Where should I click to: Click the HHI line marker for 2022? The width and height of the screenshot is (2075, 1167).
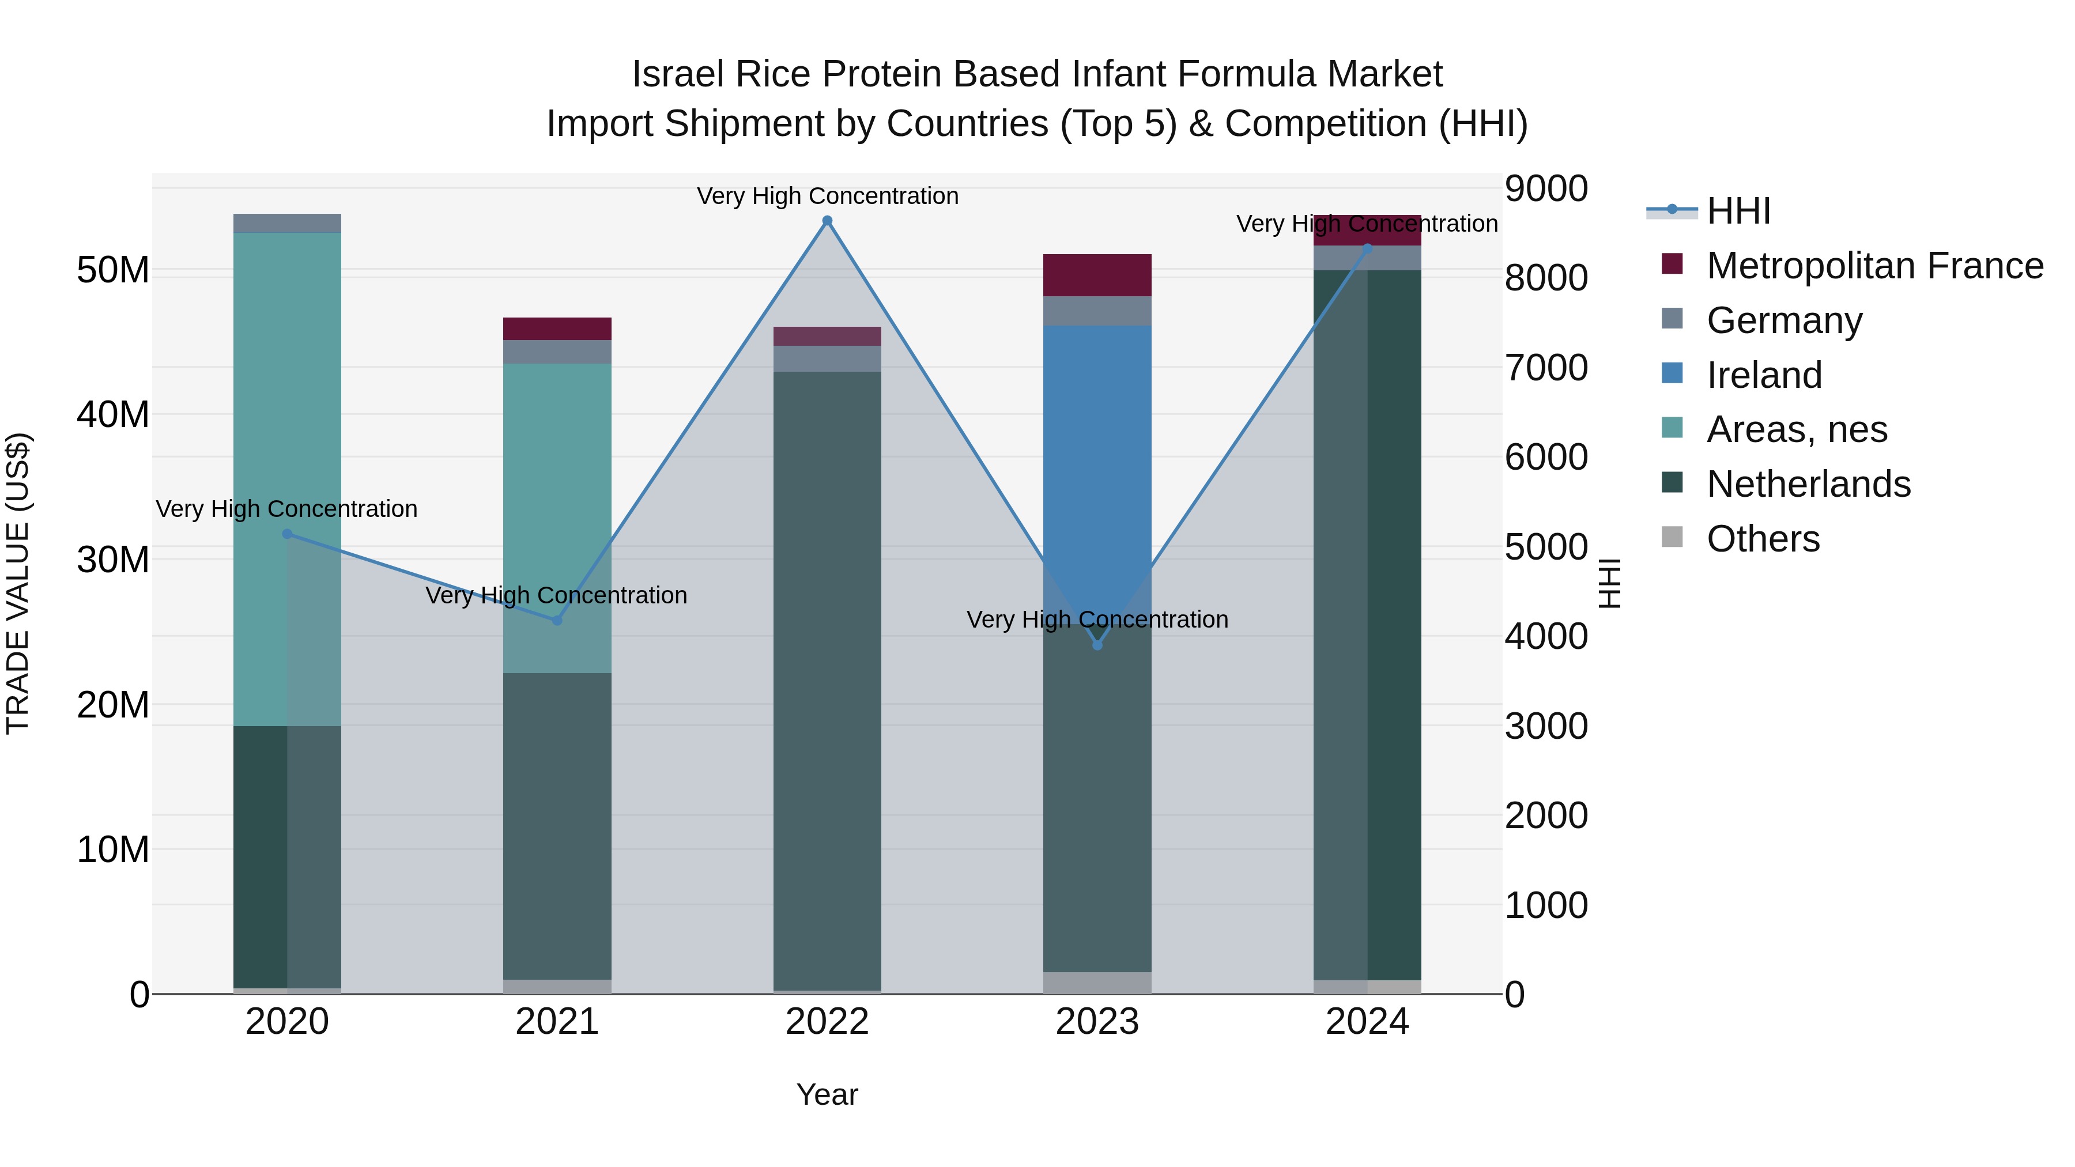pos(827,221)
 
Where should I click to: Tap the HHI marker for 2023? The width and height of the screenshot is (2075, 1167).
pos(1097,645)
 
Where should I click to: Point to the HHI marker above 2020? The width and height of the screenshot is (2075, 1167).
pos(287,534)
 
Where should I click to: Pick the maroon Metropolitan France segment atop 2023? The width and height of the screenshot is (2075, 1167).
pos(1097,275)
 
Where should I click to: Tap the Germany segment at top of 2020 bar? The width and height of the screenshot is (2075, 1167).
pos(287,223)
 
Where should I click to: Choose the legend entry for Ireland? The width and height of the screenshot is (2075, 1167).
pos(1764,375)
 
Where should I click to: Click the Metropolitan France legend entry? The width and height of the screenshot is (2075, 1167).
pos(1874,266)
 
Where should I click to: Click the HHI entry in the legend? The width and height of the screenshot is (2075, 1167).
pos(1738,211)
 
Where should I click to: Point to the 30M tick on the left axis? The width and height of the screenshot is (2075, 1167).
pos(113,560)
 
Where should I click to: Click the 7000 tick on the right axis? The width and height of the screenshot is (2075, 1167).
pos(1545,368)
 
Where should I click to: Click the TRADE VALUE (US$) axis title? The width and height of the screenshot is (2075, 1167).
pos(18,583)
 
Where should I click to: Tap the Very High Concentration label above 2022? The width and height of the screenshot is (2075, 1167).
pos(827,196)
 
